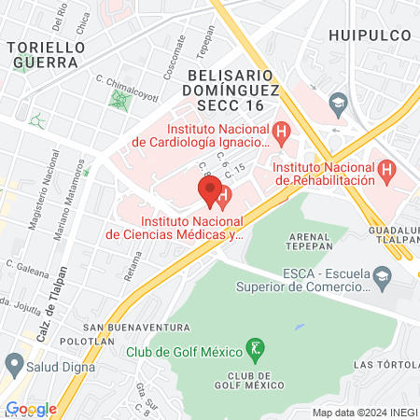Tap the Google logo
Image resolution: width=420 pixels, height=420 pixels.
(x=31, y=409)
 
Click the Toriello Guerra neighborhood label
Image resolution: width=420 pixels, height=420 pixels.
(x=46, y=53)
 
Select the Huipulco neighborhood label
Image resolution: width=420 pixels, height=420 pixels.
(x=371, y=35)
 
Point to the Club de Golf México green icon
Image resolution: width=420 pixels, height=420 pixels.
(x=253, y=351)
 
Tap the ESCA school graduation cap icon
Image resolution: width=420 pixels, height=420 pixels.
(x=382, y=275)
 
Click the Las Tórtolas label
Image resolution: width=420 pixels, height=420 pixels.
(x=385, y=363)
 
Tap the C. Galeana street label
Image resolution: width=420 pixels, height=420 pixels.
(x=27, y=264)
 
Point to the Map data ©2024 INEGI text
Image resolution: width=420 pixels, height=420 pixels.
(x=364, y=412)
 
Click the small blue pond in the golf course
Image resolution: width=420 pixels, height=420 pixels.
(x=299, y=328)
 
